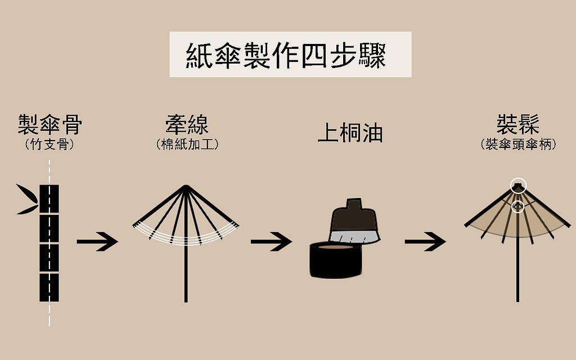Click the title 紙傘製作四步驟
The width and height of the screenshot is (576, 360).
click(x=286, y=56)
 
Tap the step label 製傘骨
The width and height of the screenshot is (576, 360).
click(x=49, y=124)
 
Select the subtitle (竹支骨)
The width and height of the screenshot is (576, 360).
click(x=49, y=144)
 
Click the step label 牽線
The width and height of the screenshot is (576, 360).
click(x=187, y=124)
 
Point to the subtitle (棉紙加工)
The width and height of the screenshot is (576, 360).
click(x=187, y=144)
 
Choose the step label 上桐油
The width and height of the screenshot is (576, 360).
click(x=350, y=133)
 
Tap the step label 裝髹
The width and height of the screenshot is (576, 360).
click(x=518, y=124)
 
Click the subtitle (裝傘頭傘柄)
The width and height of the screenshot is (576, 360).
click(x=518, y=144)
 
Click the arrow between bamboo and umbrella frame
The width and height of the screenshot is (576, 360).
click(x=97, y=241)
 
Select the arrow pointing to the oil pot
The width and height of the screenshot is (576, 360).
click(x=272, y=241)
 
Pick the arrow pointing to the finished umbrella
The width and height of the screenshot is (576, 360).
click(x=425, y=241)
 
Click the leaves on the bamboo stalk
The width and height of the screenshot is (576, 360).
click(x=27, y=200)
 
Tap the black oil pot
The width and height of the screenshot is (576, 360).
click(x=335, y=260)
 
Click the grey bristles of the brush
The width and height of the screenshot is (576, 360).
click(x=354, y=237)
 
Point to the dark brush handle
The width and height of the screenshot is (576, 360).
click(x=354, y=215)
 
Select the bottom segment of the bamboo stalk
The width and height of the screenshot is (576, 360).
click(x=49, y=287)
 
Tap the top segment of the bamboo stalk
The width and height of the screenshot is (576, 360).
click(x=49, y=199)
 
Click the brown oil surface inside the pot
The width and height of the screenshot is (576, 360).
click(x=336, y=247)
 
